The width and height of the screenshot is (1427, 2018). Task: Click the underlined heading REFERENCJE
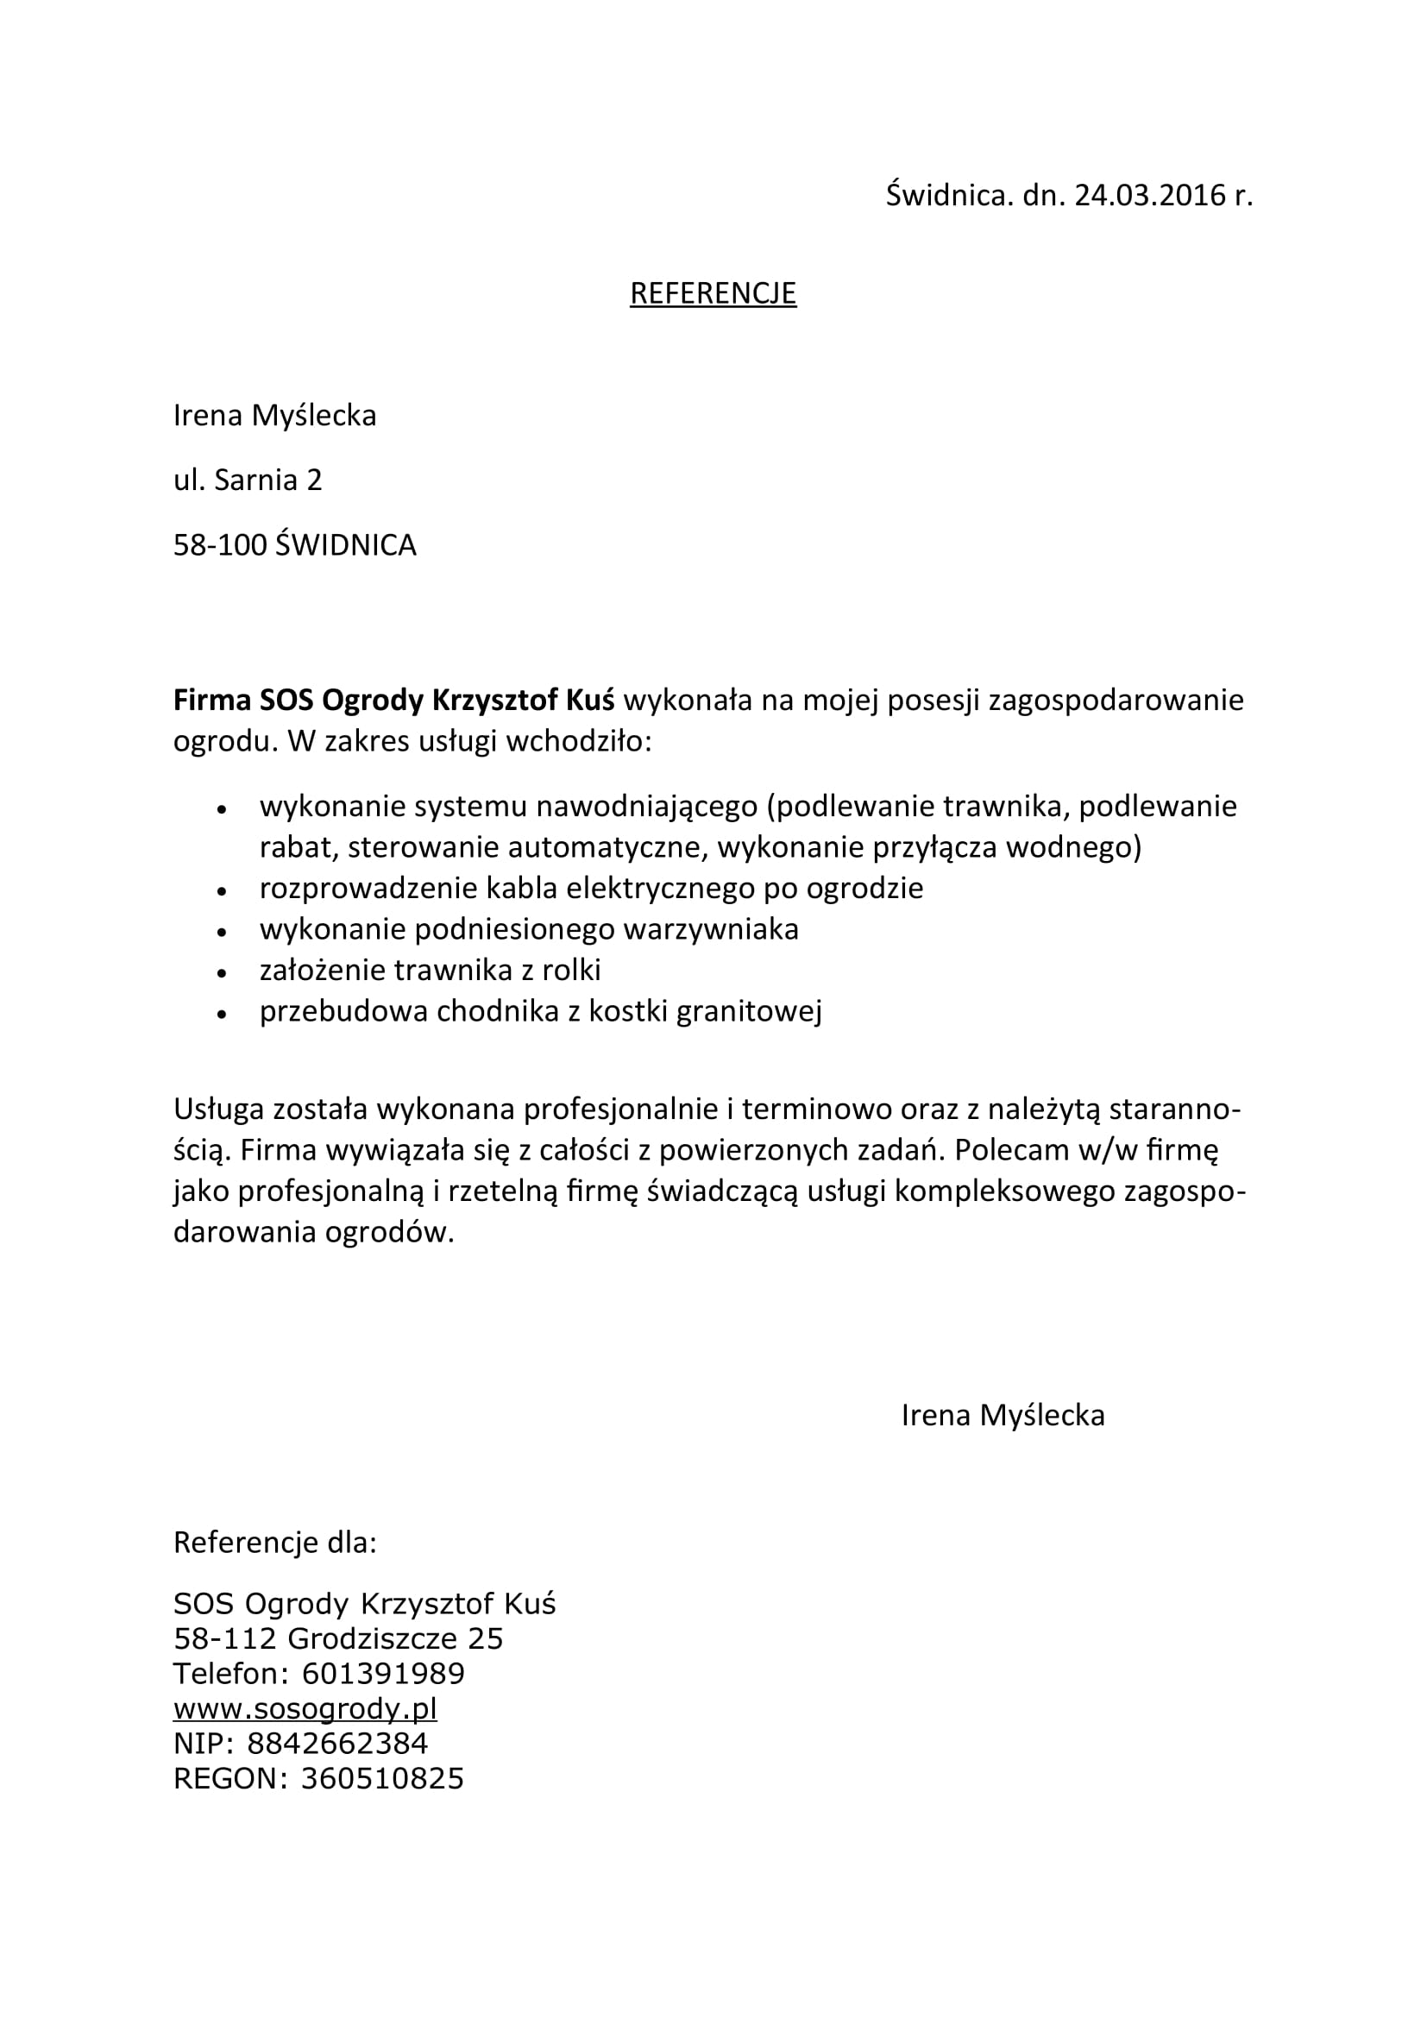coord(713,293)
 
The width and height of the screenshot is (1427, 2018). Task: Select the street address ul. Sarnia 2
coord(248,480)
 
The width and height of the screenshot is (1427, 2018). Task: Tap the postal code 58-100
coord(220,546)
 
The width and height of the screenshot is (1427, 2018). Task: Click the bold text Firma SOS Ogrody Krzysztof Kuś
coord(393,701)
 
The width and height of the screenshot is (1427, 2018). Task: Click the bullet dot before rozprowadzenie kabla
coord(222,891)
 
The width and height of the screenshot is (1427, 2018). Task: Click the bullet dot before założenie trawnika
coord(222,973)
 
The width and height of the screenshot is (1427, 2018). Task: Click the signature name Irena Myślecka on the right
coord(1003,1415)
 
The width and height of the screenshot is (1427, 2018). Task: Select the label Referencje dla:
coord(275,1543)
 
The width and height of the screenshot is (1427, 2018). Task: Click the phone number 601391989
coord(382,1674)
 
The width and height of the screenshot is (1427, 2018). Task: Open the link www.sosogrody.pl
coord(305,1708)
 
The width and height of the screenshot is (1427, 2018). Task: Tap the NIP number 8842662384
coord(337,1744)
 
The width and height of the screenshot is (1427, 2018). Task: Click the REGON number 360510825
coord(382,1779)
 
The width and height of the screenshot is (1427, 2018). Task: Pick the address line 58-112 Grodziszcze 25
coord(338,1638)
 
